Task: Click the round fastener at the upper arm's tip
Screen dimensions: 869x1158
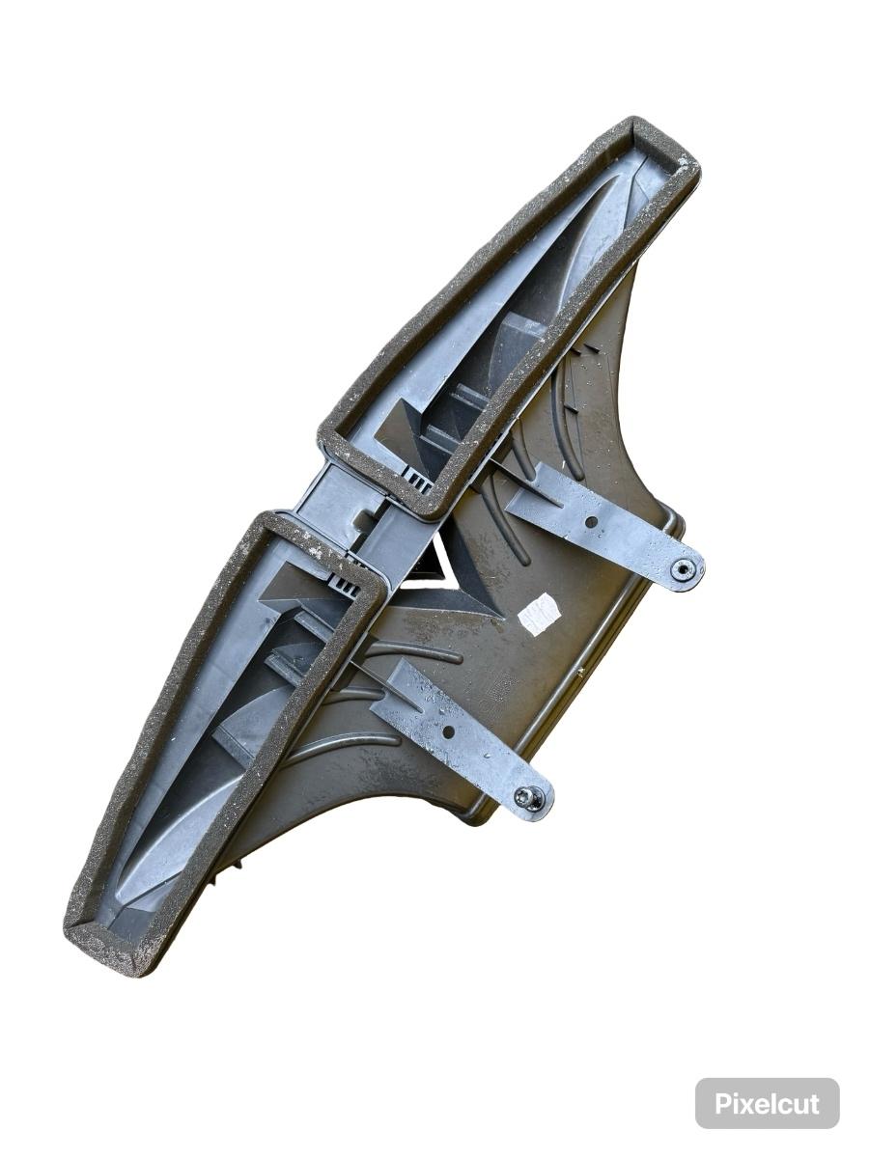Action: (x=684, y=568)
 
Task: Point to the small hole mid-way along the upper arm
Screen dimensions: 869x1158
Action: (x=592, y=522)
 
